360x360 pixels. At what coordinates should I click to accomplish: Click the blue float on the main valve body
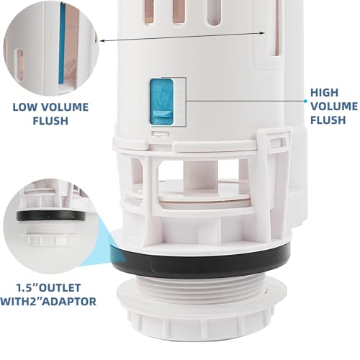[161, 102]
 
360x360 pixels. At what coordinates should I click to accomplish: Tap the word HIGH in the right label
[324, 93]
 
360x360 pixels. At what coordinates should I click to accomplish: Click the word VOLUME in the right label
[334, 107]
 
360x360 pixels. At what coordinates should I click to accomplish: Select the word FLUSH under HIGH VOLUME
[328, 120]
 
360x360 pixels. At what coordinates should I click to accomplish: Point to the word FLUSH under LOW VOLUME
[50, 121]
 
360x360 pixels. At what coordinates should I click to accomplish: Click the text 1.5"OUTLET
[48, 287]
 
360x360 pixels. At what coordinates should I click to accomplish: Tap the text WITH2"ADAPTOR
[48, 302]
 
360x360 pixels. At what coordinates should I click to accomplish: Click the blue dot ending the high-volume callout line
[305, 102]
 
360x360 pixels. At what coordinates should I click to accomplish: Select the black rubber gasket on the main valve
[200, 261]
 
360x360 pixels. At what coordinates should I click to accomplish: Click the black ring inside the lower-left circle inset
[51, 216]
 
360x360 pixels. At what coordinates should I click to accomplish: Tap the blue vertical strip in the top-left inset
[62, 44]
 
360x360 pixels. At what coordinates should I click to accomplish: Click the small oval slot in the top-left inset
[20, 64]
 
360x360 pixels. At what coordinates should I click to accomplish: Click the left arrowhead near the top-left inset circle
[102, 40]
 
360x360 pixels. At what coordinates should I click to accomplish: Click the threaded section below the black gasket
[202, 287]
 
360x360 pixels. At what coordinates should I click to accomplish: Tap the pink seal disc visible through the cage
[204, 201]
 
